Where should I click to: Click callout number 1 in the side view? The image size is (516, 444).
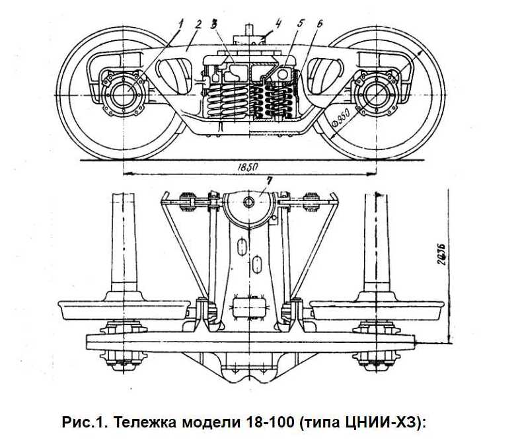tap(180, 24)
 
